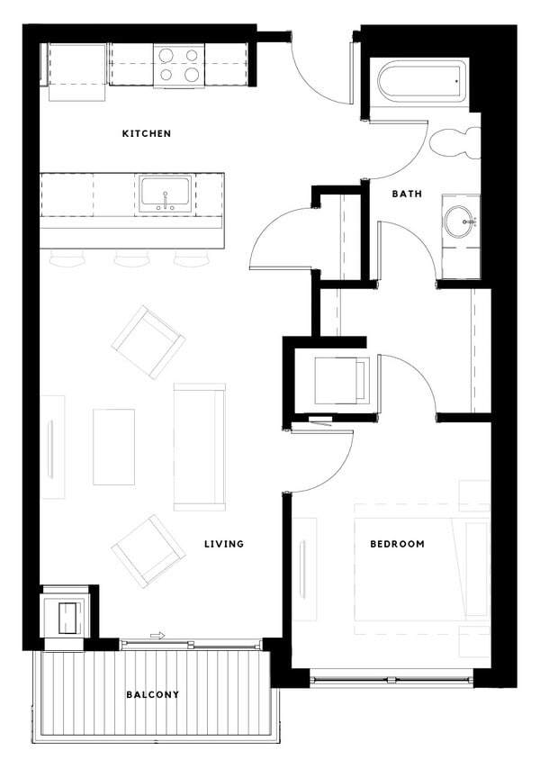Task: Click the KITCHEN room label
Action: click(x=146, y=134)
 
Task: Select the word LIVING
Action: click(x=223, y=544)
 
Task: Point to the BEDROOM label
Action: click(x=397, y=544)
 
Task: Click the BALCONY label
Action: click(x=152, y=694)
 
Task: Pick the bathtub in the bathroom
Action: click(x=422, y=83)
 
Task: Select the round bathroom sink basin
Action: click(x=460, y=219)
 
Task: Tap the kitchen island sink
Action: click(x=164, y=194)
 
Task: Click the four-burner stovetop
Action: click(x=177, y=64)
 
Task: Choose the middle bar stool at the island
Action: click(x=130, y=259)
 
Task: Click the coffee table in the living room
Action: click(x=113, y=447)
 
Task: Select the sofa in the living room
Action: click(x=199, y=447)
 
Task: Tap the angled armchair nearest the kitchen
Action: click(x=148, y=341)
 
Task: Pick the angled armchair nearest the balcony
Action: click(x=148, y=550)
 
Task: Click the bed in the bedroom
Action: click(x=409, y=567)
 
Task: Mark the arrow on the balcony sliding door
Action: click(x=157, y=636)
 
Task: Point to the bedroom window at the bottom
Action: click(x=391, y=677)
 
